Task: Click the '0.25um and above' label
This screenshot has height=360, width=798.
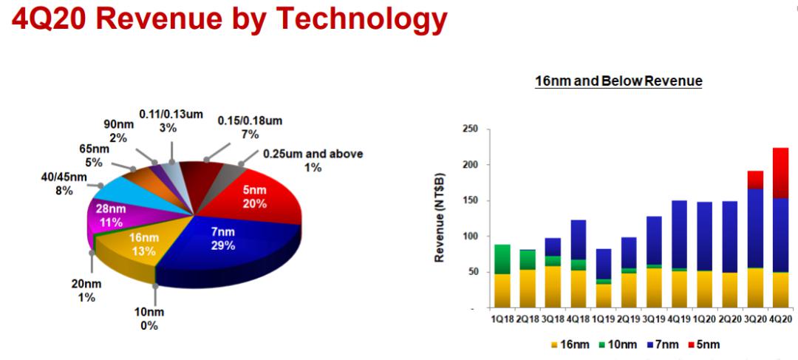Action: (313, 154)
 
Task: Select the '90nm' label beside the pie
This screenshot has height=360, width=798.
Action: (119, 124)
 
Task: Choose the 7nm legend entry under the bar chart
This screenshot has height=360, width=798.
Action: (666, 344)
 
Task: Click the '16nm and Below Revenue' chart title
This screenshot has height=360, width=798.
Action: (618, 81)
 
